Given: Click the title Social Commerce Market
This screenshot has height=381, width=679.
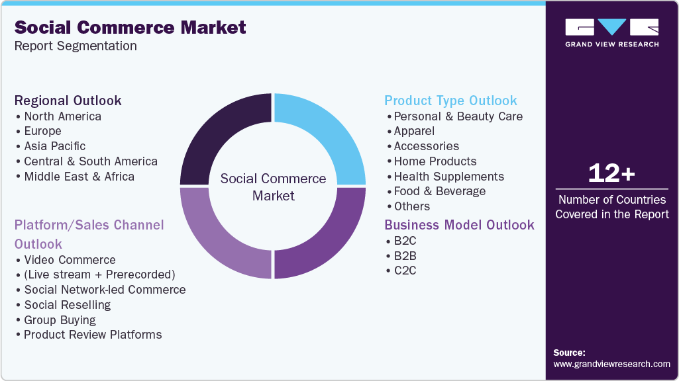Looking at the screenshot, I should point(130,27).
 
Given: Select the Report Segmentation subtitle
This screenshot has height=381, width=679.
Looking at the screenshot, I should point(76,46).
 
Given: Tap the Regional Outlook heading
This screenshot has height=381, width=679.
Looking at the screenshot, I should point(68,101).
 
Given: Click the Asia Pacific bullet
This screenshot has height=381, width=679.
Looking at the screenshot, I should point(54,146).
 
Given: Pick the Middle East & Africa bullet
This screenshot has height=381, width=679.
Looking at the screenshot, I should point(79,177).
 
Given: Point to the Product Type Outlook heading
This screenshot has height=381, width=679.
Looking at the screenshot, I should point(450,101).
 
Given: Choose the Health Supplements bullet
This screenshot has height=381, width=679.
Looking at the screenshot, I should point(448,177).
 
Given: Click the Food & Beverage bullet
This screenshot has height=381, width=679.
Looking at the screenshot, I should point(439,191).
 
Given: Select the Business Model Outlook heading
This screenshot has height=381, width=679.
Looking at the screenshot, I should point(459,225).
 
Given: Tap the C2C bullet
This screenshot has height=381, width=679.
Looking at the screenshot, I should point(405,271).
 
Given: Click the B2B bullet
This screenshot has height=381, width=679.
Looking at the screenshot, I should point(405,255).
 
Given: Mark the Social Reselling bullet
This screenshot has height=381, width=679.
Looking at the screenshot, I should point(67,305).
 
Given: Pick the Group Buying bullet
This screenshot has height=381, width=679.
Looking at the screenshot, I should point(60,320).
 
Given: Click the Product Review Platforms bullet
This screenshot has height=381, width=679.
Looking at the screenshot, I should point(93,335).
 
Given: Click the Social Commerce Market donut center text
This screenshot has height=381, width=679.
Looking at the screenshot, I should point(273,187).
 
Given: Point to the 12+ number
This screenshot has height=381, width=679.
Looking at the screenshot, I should point(611,174).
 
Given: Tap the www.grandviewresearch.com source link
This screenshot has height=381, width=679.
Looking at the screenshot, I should point(611,364).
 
